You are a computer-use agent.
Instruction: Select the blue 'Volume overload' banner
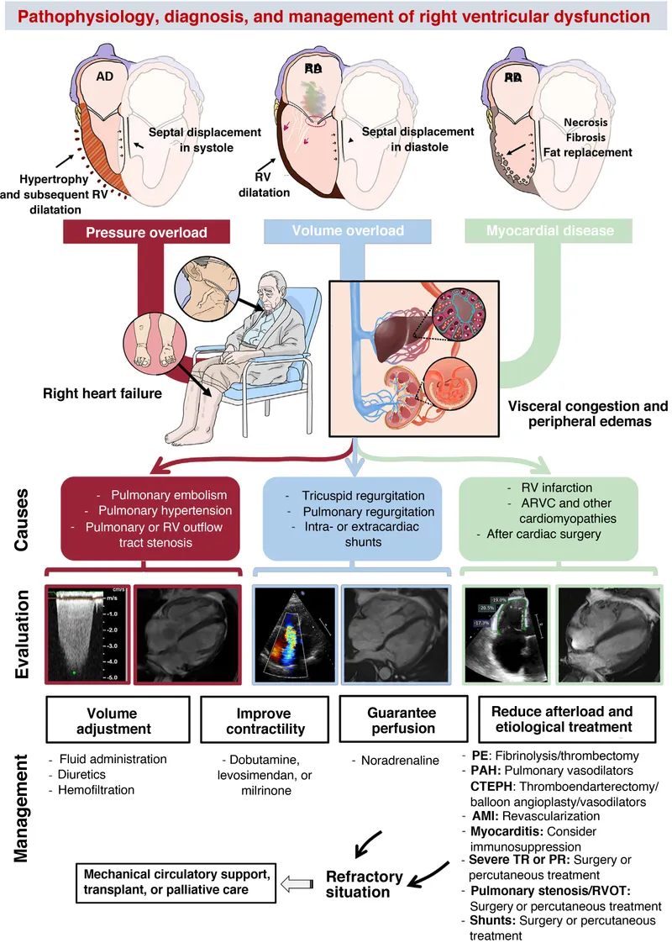pyautogui.click(x=348, y=230)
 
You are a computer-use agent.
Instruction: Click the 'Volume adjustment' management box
pyautogui.click(x=104, y=720)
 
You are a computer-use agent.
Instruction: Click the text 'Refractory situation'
pyautogui.click(x=364, y=884)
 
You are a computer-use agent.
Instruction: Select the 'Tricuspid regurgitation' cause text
pyautogui.click(x=354, y=496)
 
